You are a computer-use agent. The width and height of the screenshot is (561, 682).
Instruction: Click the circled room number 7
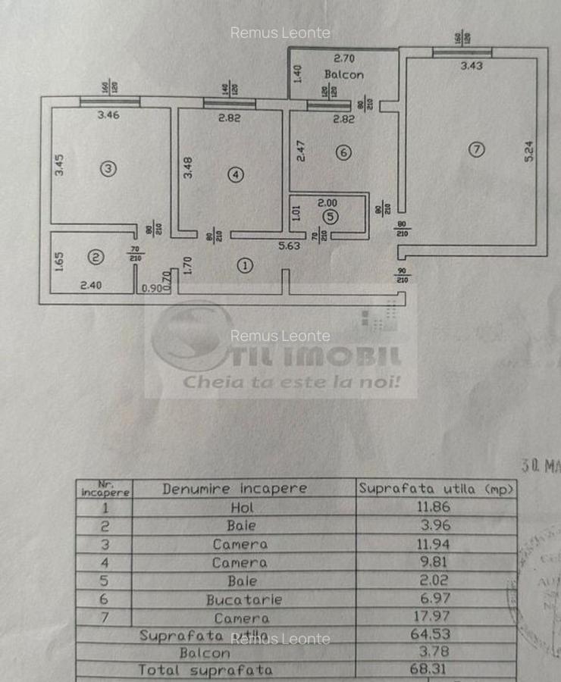tap(475, 149)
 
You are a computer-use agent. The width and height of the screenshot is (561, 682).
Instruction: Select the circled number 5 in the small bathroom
tap(329, 217)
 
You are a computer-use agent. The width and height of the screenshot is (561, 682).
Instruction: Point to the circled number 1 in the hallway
tap(244, 265)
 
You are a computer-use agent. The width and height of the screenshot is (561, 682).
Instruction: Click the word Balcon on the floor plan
tap(343, 74)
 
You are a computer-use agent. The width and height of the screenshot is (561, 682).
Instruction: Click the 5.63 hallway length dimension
tap(288, 245)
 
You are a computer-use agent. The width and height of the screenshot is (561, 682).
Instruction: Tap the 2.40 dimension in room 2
tap(91, 286)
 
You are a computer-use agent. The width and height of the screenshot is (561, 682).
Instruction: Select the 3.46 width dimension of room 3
tap(108, 115)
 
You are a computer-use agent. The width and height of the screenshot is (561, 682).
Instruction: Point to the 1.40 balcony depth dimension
tap(297, 74)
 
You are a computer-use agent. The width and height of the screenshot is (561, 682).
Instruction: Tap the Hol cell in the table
tap(243, 508)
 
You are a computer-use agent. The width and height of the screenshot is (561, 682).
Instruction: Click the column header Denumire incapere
tap(234, 489)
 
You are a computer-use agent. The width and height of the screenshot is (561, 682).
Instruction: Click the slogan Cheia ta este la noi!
tap(291, 381)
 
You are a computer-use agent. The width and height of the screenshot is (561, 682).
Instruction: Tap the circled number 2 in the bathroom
tap(95, 258)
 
